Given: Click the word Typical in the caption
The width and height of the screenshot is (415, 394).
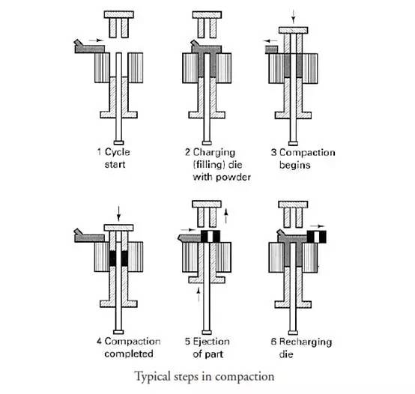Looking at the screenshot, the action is click(x=153, y=377).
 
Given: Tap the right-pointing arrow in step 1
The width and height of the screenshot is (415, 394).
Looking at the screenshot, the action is click(x=96, y=40).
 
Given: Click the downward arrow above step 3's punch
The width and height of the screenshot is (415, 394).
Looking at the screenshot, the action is click(x=293, y=16).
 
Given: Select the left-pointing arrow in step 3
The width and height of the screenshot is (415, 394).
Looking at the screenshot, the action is click(x=270, y=41).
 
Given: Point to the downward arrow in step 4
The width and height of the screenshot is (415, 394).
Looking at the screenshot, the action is click(x=118, y=213).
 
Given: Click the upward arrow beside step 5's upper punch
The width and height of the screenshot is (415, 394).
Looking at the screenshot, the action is click(x=225, y=216).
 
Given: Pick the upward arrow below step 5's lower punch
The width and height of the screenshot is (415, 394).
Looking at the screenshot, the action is click(x=199, y=295).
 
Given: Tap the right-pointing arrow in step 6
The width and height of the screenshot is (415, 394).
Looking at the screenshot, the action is click(x=317, y=226).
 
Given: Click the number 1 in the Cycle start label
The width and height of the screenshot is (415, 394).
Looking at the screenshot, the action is click(x=99, y=152).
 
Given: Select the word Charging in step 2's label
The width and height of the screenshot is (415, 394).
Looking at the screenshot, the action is click(x=214, y=153).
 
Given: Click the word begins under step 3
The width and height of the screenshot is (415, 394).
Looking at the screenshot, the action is click(x=295, y=166).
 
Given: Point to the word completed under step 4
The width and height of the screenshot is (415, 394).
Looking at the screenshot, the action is click(x=129, y=354).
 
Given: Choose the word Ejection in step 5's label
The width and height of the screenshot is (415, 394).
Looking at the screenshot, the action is click(x=211, y=342).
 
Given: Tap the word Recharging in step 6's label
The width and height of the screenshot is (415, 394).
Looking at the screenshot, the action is click(x=306, y=342).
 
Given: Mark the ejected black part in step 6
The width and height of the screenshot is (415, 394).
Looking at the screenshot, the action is click(x=317, y=237).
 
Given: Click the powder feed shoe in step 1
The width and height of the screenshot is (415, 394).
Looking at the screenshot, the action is click(x=89, y=47).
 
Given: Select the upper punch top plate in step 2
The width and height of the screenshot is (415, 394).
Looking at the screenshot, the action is click(x=207, y=15).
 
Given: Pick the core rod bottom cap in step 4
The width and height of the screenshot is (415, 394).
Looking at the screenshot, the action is click(x=118, y=332).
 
